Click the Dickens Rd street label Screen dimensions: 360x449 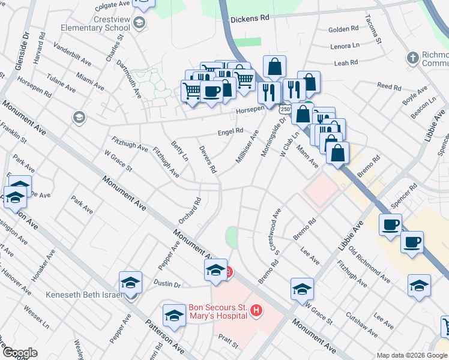pyautogui.click(x=250, y=19)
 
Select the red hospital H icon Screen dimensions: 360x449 pyautogui.click(x=256, y=310)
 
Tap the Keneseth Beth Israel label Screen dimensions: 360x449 pyautogui.click(x=83, y=295)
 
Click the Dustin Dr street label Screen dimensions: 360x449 pyautogui.click(x=167, y=283)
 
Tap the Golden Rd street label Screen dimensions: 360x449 pyautogui.click(x=343, y=28)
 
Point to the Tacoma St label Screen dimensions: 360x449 pyautogui.click(x=378, y=31)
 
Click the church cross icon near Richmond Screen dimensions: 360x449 pyautogui.click(x=412, y=58)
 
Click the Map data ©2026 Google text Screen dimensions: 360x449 pyautogui.click(x=411, y=355)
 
